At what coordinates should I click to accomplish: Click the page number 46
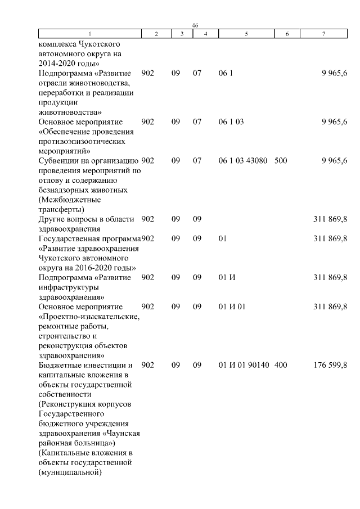195,26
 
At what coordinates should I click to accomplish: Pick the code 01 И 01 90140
243,365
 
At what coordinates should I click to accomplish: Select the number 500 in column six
281,161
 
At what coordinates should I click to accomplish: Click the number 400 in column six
281,365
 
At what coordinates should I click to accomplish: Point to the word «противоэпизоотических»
80,141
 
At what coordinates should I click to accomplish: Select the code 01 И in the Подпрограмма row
227,277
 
